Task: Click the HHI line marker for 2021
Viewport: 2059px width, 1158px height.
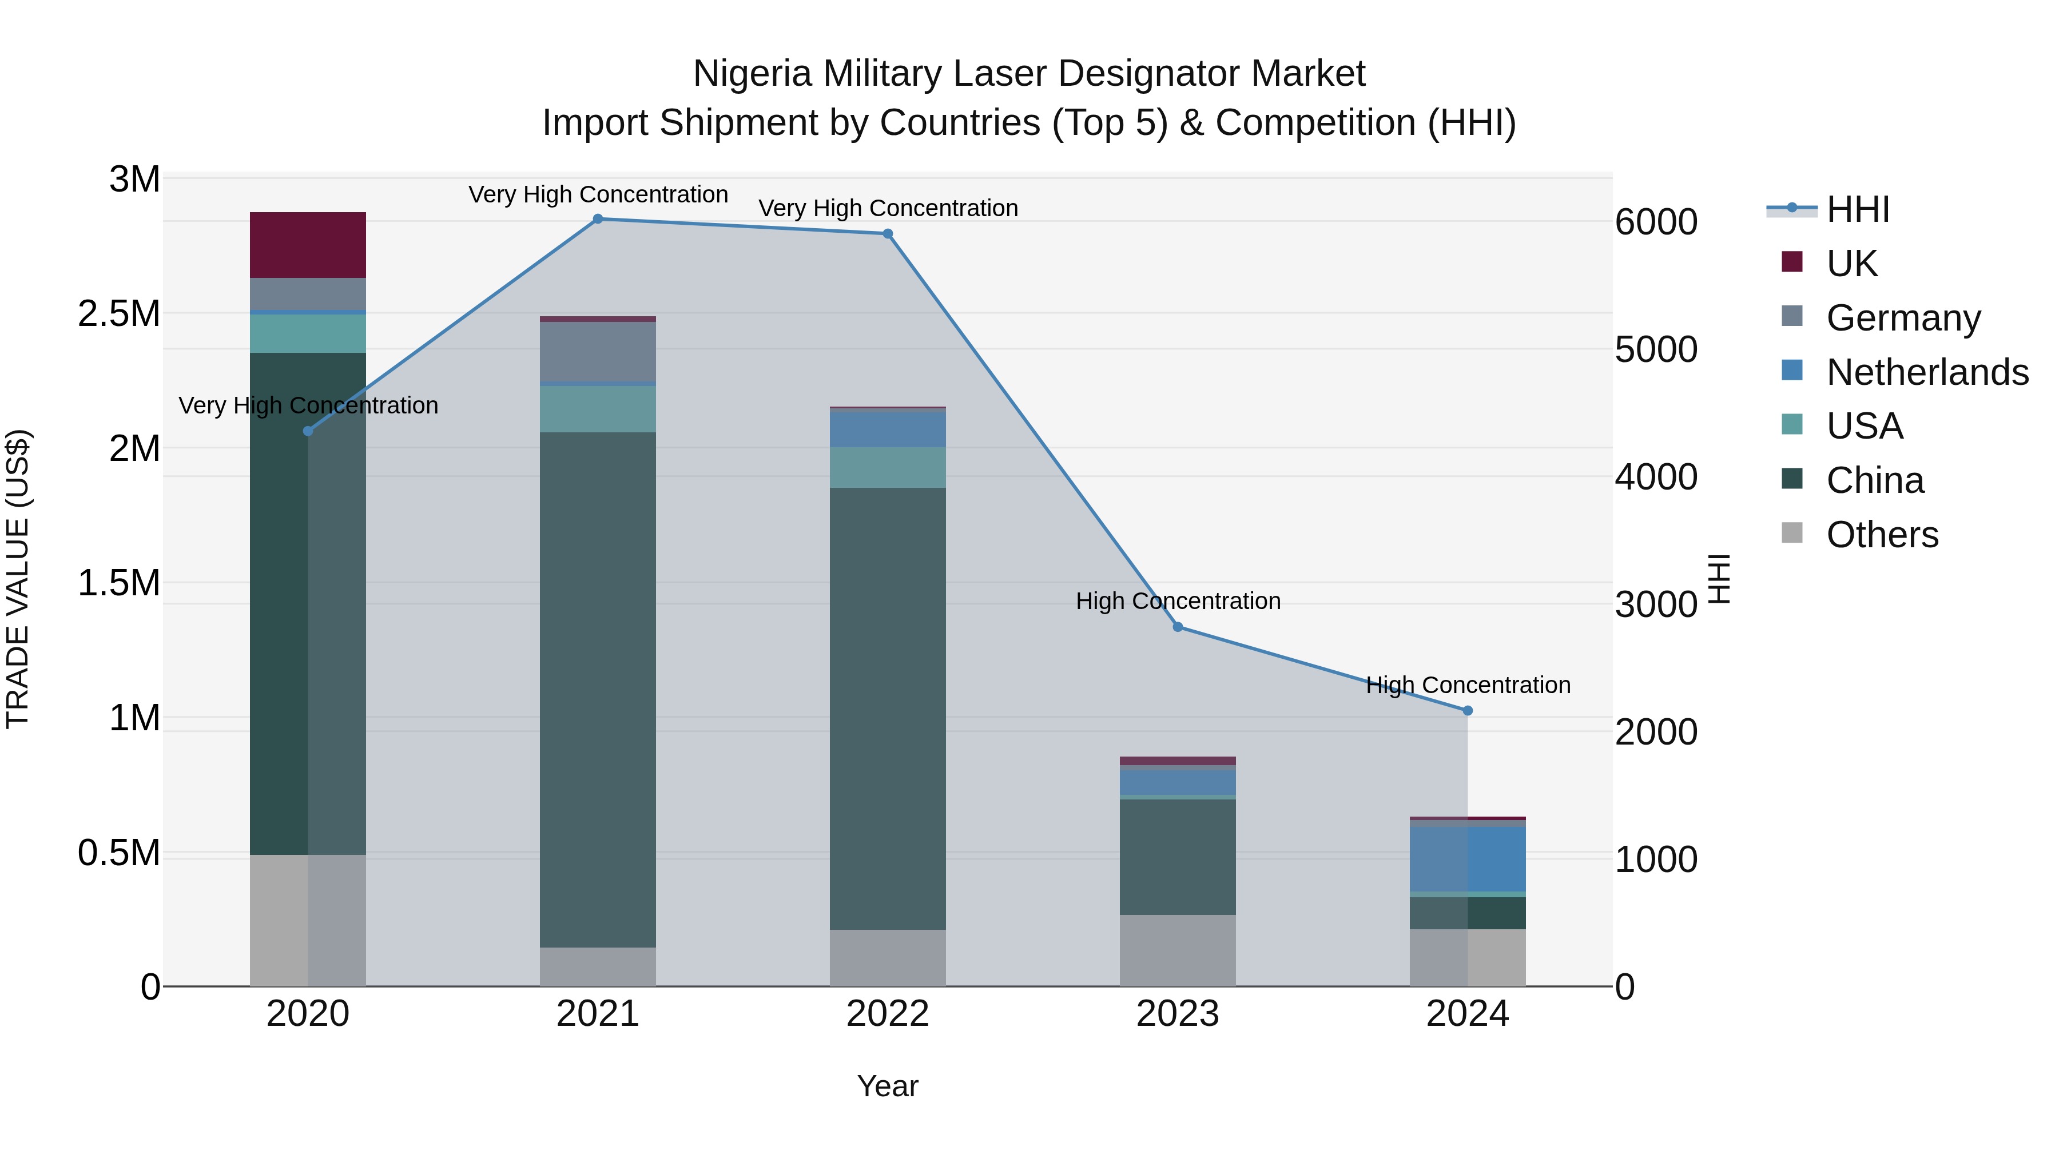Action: click(x=598, y=219)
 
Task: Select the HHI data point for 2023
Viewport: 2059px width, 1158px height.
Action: click(x=1178, y=627)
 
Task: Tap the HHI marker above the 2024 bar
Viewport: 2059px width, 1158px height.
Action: click(x=1468, y=710)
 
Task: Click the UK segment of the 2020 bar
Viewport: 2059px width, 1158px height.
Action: click(x=308, y=245)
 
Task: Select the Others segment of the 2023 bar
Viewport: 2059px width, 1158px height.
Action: click(x=1178, y=950)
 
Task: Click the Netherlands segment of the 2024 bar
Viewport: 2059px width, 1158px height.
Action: click(x=1468, y=859)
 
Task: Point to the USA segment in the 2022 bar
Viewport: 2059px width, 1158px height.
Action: click(x=887, y=468)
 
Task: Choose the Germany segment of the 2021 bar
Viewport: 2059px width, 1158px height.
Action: click(x=598, y=352)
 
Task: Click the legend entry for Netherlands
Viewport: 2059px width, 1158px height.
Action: click(x=1927, y=372)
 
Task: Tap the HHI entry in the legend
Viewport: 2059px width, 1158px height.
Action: click(x=1858, y=209)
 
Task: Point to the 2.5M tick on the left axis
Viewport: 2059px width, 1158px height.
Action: click(x=119, y=314)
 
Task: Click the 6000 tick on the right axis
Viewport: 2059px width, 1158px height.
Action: click(x=1656, y=222)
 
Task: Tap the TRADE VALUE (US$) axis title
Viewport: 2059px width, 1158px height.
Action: click(x=18, y=579)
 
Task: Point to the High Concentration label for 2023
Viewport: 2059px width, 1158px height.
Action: click(x=1178, y=601)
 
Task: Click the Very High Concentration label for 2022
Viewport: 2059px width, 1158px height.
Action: click(x=887, y=209)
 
